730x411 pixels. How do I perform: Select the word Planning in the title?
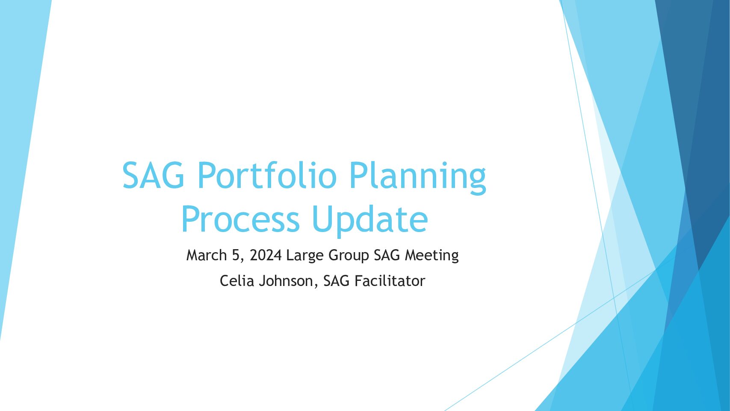tap(418, 178)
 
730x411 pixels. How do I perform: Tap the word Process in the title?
tap(240, 219)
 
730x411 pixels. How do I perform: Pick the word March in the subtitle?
tap(206, 255)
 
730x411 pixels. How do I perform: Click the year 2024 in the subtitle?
tap(266, 255)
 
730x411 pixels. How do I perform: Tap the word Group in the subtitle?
tap(349, 256)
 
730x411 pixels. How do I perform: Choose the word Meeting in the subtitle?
tap(432, 256)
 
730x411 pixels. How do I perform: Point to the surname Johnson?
tap(286, 281)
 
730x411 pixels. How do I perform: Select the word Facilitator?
tap(390, 281)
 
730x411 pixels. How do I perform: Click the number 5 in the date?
tap(236, 255)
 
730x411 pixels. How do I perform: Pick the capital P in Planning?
tap(358, 175)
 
